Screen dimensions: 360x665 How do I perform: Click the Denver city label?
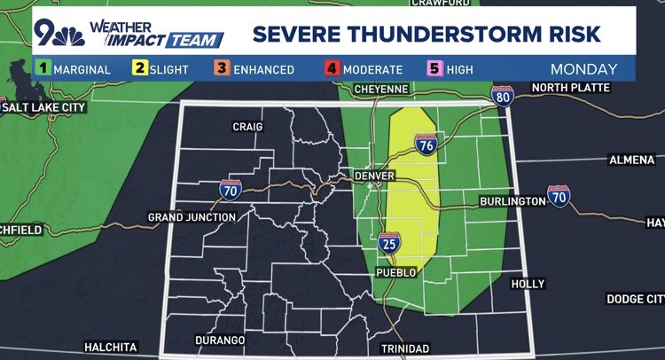click(x=372, y=177)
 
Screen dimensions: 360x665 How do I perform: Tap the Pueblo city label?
click(x=396, y=272)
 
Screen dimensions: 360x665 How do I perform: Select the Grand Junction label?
click(x=192, y=217)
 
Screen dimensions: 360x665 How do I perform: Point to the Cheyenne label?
click(x=381, y=90)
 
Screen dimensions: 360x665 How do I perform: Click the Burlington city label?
click(x=512, y=201)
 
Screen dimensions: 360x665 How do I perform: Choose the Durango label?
click(x=219, y=340)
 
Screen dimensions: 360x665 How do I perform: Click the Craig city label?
click(x=247, y=127)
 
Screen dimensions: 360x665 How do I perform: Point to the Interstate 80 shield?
click(x=503, y=97)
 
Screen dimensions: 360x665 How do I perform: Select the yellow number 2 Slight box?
click(x=141, y=68)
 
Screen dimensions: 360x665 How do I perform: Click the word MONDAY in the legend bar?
click(x=583, y=68)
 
